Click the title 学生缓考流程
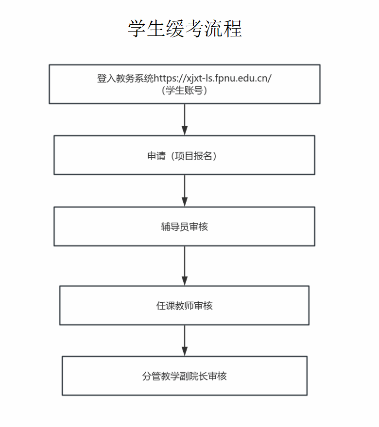(x=185, y=28)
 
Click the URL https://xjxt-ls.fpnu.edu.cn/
(x=213, y=79)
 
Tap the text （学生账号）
(x=185, y=90)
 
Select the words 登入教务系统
(x=125, y=79)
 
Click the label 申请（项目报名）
(x=182, y=156)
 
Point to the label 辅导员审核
(x=185, y=227)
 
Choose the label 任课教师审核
(x=185, y=306)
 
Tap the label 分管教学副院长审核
(x=185, y=376)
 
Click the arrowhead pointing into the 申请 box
(x=185, y=131)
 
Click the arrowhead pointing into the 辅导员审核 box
(x=185, y=202)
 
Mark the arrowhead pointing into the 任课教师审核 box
(x=185, y=281)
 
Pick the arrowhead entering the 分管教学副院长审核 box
(x=185, y=351)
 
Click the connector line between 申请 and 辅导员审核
(x=185, y=191)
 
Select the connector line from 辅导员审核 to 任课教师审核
(x=185, y=266)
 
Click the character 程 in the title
(x=233, y=28)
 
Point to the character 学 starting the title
(x=137, y=28)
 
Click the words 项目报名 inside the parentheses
(x=193, y=156)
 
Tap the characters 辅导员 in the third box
(x=175, y=227)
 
